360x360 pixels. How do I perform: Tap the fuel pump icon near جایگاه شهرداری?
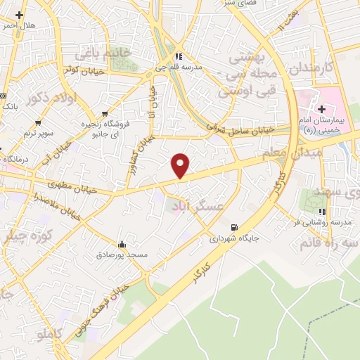point(234,227)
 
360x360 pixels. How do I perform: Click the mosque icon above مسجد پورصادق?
point(123,244)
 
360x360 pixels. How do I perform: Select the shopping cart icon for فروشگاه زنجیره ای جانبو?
point(105,112)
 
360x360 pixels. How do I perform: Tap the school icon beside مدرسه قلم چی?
point(179,57)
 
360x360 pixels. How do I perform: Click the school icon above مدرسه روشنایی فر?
point(321,212)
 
